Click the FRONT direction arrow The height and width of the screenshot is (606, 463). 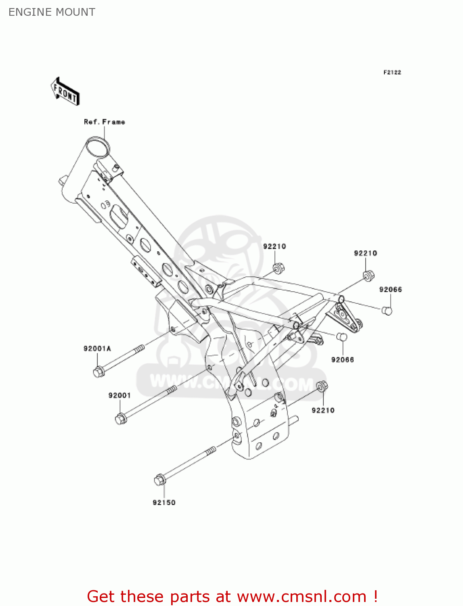coord(65,92)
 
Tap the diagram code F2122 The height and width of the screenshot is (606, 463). coord(392,72)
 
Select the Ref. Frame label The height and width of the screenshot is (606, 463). coord(104,122)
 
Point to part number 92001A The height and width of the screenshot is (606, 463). coord(97,348)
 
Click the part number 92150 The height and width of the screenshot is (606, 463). coord(164,503)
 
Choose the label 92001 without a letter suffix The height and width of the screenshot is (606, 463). coord(119,395)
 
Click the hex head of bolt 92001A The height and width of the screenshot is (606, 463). coord(98,372)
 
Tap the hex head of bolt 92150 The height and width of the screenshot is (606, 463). coord(160,480)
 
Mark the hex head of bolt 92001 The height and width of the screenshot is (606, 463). coord(121,419)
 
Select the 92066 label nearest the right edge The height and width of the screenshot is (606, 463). coord(390,289)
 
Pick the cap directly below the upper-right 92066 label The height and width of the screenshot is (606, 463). coord(387,310)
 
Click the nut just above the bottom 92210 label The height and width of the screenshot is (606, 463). coord(322,386)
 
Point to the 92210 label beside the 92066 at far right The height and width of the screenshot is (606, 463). coord(365,253)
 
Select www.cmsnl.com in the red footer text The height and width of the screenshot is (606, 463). coord(301,596)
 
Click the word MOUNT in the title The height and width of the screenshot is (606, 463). coord(76,12)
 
